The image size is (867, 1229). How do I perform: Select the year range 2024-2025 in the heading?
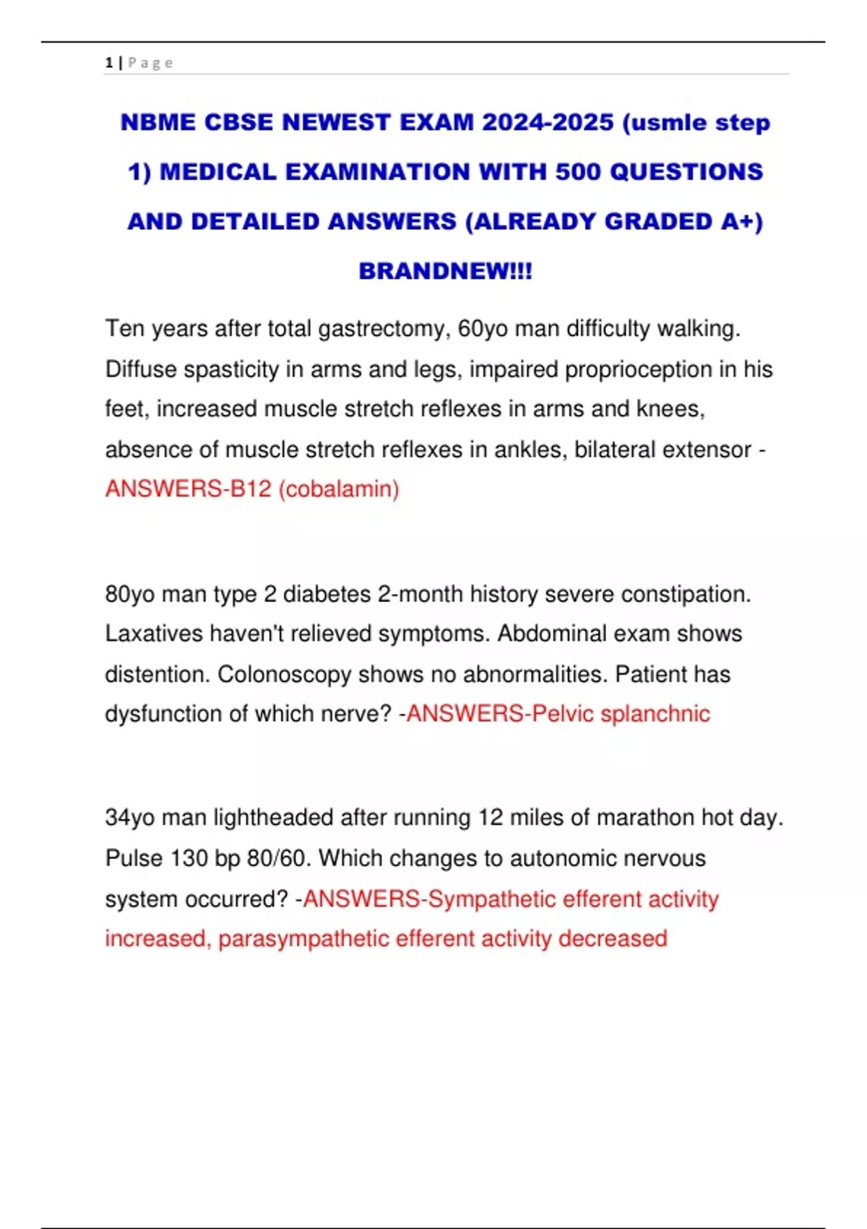548,122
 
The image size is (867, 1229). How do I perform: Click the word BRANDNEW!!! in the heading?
445,271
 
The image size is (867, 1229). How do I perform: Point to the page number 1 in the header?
109,63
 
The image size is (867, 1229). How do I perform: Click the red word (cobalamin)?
339,489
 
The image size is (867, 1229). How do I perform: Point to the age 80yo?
130,594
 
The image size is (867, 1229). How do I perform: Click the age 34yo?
130,818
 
